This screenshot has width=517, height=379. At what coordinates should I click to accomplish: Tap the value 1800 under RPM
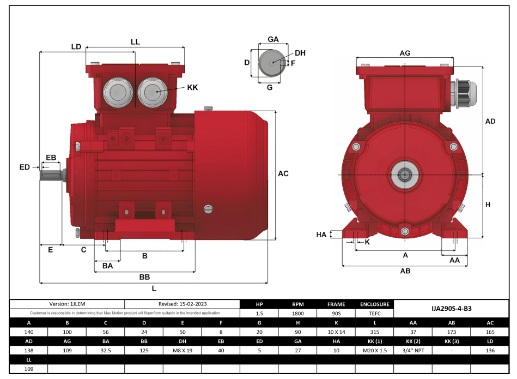[x=297, y=314]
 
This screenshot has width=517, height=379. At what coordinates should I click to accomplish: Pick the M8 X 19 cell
[x=183, y=350]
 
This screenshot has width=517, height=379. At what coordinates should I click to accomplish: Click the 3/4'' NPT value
[x=412, y=350]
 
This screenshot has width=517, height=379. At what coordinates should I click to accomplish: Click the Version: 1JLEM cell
[x=67, y=304]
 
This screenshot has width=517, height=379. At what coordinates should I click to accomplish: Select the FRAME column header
[x=336, y=304]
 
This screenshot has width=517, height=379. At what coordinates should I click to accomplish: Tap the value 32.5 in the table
[x=106, y=350]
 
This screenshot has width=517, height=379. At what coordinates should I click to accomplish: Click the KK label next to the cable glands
[x=192, y=87]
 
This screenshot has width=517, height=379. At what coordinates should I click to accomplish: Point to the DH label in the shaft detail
[x=300, y=53]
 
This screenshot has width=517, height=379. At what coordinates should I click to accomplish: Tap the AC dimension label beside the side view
[x=283, y=174]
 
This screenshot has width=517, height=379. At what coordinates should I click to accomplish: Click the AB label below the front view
[x=405, y=271]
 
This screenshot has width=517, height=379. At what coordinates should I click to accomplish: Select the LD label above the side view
[x=76, y=47]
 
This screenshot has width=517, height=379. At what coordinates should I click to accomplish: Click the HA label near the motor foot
[x=321, y=234]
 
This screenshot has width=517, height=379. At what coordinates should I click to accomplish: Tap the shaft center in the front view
[x=405, y=175]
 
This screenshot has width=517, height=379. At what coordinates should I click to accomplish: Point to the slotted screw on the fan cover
[x=207, y=208]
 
